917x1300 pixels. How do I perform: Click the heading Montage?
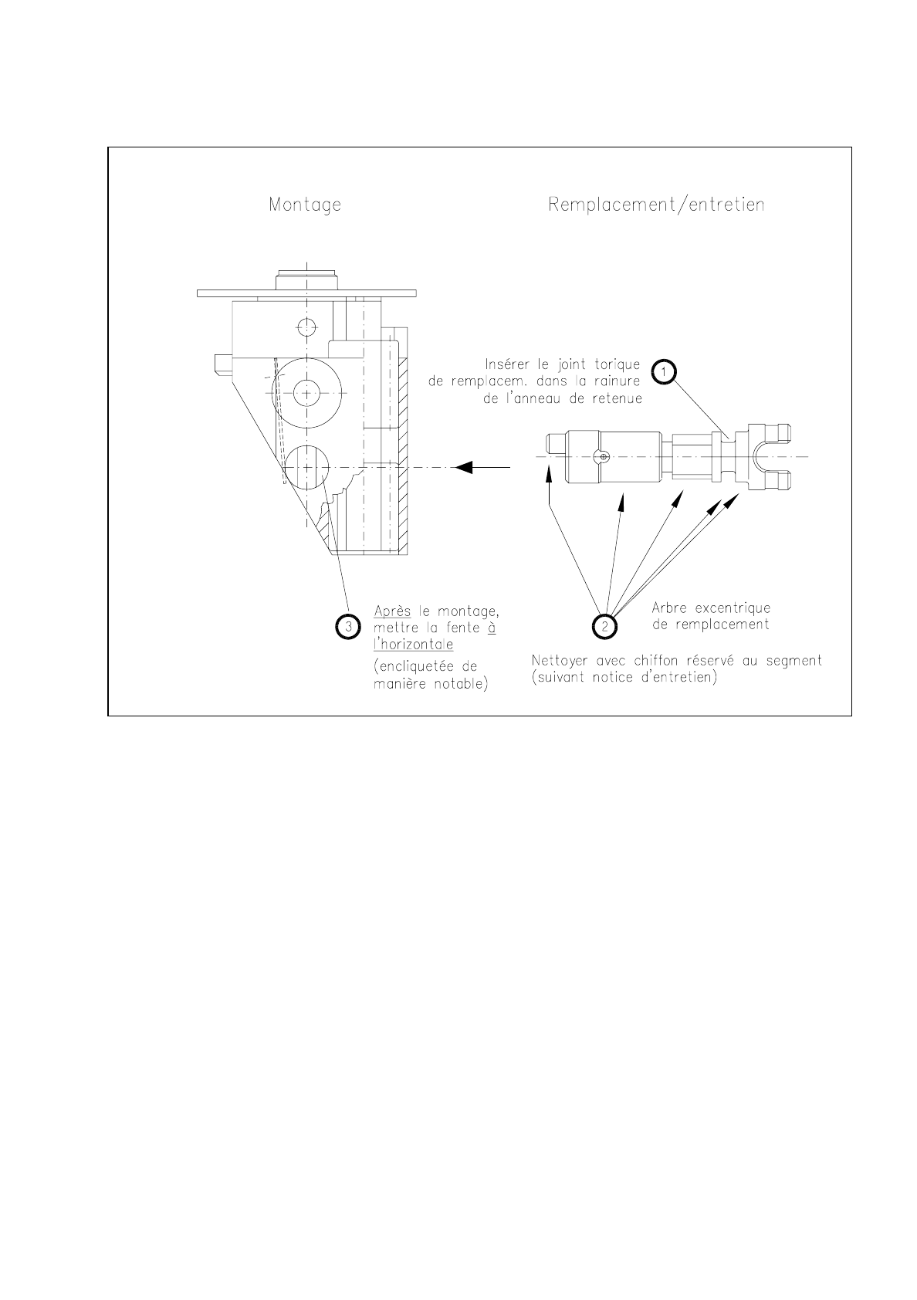305,205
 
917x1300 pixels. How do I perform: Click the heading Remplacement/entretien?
656,205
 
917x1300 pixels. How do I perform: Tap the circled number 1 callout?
663,371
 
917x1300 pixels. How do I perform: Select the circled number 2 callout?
605,626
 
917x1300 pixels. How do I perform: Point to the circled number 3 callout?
348,626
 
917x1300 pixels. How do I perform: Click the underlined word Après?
392,611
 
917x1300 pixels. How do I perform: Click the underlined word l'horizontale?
413,644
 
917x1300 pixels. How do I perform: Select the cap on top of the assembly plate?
306,277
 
